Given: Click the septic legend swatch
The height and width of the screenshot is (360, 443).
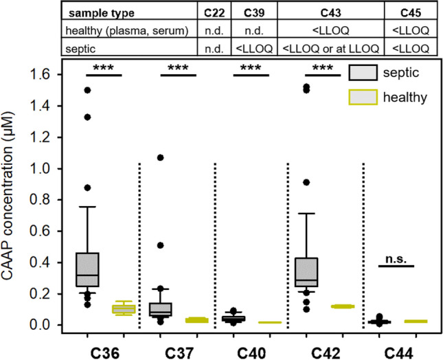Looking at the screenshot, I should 365,71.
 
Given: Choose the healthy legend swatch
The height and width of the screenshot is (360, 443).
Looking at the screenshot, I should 365,98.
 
